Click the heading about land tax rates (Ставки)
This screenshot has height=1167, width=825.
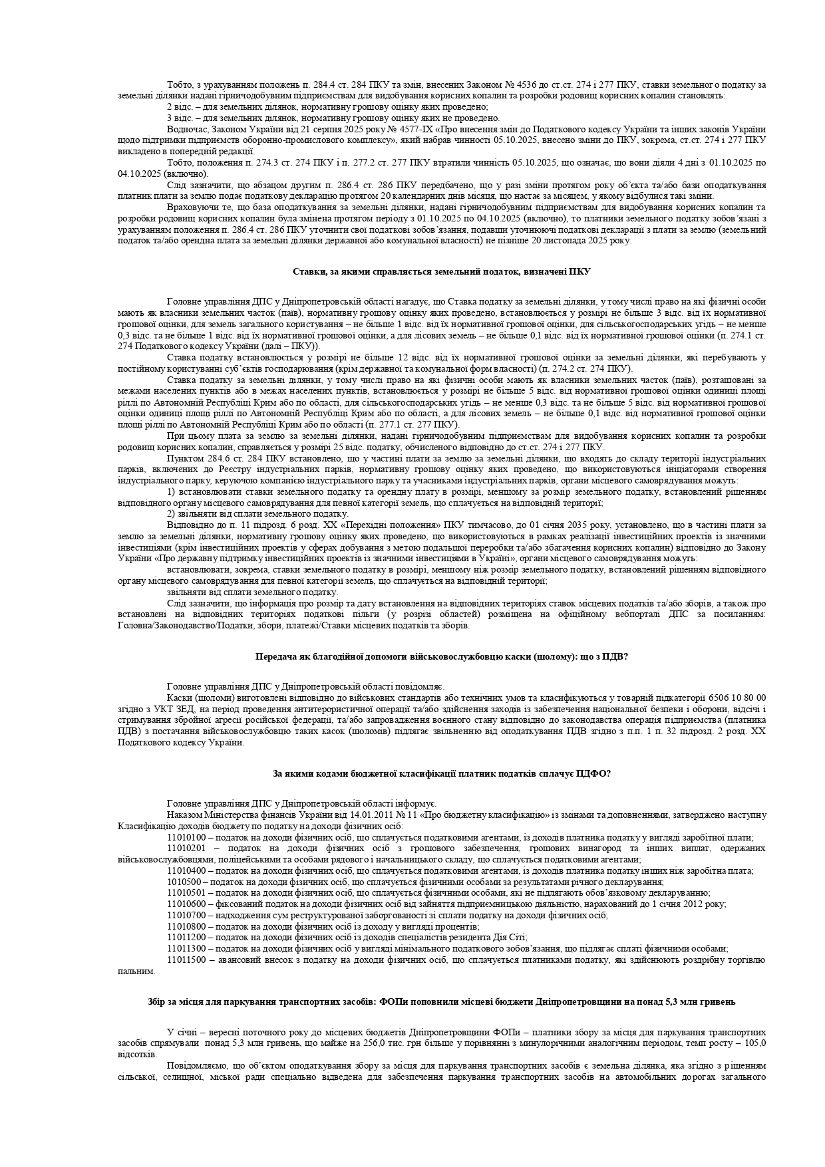[x=441, y=271]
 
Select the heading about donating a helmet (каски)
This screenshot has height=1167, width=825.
[x=442, y=656]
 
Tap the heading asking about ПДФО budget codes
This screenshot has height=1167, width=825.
[x=442, y=773]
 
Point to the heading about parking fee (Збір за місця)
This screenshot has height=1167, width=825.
[x=442, y=1001]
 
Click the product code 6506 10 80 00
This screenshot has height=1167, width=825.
[x=739, y=698]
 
